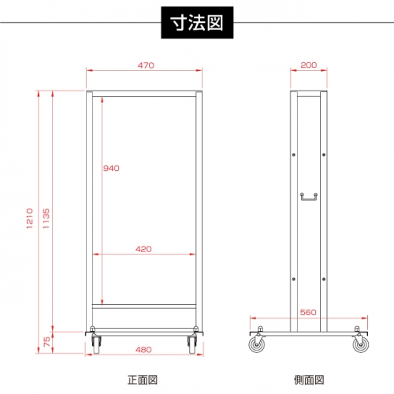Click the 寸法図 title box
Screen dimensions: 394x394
(197, 23)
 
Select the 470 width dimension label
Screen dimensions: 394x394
(146, 65)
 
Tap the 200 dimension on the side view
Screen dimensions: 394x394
(309, 65)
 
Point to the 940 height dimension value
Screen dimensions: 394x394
(111, 168)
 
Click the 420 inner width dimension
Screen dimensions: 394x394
(143, 249)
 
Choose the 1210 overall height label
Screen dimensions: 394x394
(30, 218)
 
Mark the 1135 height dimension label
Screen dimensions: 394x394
(46, 218)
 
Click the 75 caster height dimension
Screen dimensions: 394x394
(46, 342)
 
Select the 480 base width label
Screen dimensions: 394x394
(143, 350)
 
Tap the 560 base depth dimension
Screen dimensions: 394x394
(308, 312)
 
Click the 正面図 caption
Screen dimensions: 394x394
(143, 380)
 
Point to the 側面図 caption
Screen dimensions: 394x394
(309, 380)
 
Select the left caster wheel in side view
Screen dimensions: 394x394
(257, 344)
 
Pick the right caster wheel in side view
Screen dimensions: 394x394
(361, 344)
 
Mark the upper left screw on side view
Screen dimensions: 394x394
(294, 154)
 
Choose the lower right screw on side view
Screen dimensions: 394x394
(324, 279)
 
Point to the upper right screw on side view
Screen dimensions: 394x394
(324, 154)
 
